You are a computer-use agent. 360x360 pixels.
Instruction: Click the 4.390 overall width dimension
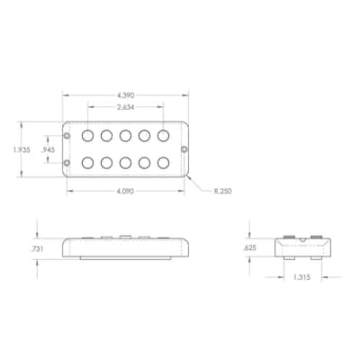125,95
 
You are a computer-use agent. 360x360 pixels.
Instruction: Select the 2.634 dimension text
125,107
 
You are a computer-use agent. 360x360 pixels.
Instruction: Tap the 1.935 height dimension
22,149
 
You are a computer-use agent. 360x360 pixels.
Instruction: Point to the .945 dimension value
48,149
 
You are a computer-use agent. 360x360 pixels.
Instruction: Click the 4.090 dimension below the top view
125,191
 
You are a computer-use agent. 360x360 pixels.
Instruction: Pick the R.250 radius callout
222,191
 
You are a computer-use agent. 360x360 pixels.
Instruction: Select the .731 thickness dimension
37,248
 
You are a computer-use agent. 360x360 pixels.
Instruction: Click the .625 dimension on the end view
250,247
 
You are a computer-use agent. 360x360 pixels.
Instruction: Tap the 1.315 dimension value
301,277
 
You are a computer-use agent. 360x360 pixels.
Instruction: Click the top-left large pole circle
87,136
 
